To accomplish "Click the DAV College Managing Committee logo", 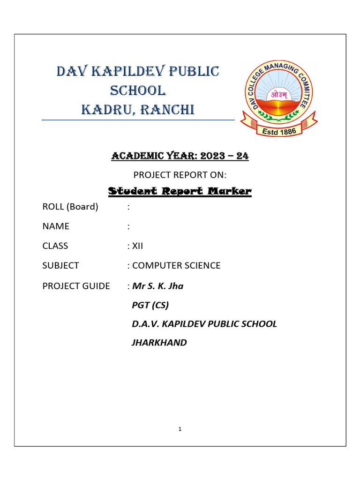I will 278,98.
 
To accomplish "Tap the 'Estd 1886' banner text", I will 279,132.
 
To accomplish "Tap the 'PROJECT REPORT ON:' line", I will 180,175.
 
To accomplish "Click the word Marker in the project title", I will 228,191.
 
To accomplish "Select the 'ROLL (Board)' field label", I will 70,207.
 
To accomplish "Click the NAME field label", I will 56,226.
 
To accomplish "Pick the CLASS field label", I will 55,246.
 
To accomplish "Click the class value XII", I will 137,246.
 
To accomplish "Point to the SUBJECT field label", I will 61,265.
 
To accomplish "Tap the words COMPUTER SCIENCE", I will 176,265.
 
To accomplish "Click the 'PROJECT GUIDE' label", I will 76,285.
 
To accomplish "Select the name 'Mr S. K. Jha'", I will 158,285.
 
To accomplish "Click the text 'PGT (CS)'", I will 150,305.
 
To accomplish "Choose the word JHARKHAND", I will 159,343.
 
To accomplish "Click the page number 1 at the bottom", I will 180,429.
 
